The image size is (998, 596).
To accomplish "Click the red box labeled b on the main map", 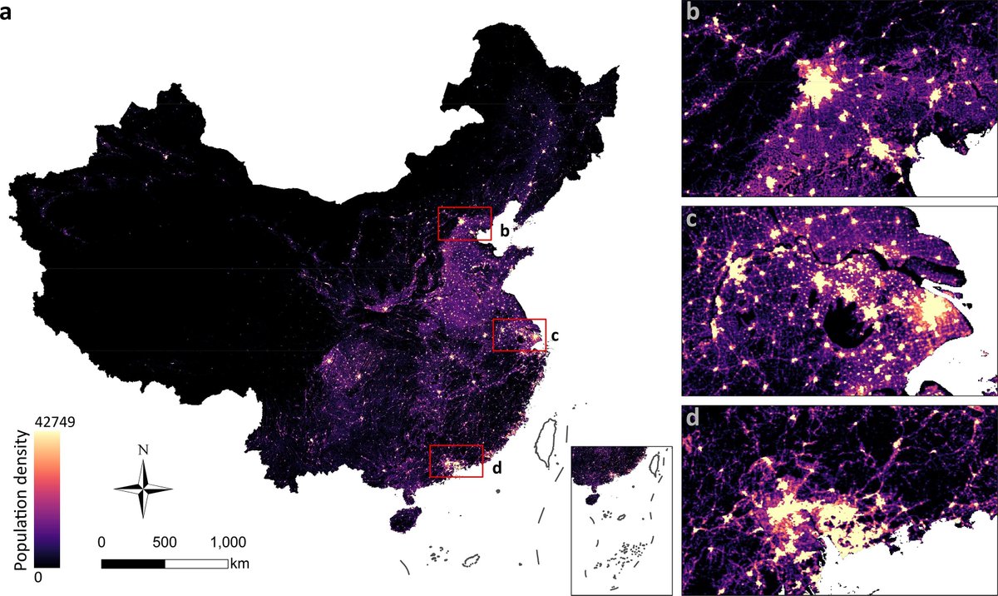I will click(464, 224).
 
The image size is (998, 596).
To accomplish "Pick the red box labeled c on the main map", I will click(519, 335).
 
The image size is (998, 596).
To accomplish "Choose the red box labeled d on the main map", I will click(456, 460).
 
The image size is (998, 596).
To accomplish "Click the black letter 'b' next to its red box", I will click(504, 227).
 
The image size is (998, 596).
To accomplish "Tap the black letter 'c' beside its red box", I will click(555, 336).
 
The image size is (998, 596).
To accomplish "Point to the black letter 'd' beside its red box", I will click(497, 468).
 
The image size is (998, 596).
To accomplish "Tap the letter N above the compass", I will click(143, 449).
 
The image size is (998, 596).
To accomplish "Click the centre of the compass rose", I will click(143, 489).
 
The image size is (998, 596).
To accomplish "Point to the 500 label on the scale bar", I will click(165, 542).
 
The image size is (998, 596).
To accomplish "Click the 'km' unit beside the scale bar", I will click(240, 564).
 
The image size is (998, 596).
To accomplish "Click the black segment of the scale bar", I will click(133, 564).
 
